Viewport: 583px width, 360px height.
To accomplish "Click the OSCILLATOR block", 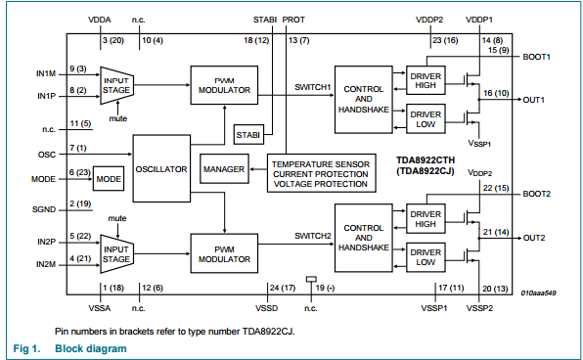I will (161, 168).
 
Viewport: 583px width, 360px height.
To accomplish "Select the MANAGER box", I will (223, 169).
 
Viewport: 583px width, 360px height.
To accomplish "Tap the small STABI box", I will (247, 133).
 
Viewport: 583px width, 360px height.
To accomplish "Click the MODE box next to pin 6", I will (109, 180).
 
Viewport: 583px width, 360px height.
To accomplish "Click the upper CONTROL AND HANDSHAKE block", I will (362, 98).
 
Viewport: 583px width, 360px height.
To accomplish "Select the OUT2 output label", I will (534, 238).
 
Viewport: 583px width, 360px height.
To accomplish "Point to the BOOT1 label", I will (537, 57).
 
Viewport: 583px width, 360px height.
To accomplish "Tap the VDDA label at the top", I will (101, 20).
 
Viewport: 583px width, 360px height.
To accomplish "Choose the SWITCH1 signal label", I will (313, 86).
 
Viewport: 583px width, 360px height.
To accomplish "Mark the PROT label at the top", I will (293, 20).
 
